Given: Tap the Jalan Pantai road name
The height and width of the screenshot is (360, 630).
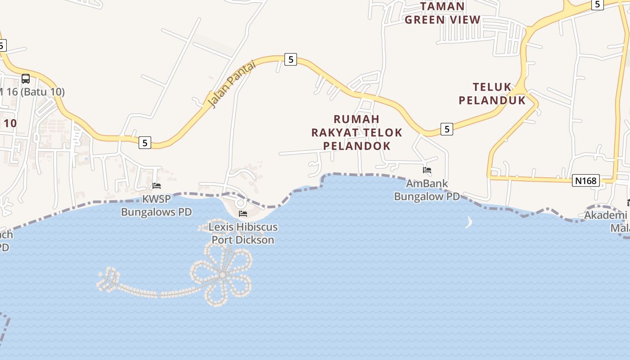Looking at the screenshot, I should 232,84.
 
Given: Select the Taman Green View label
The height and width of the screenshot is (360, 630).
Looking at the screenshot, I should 443,13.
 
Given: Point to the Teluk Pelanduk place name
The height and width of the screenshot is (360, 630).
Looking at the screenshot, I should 492,94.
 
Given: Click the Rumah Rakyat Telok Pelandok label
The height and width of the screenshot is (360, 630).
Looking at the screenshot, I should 357,132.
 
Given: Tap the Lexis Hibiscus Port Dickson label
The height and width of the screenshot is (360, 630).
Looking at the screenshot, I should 243,233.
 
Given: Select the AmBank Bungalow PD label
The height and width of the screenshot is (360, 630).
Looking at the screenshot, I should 427,190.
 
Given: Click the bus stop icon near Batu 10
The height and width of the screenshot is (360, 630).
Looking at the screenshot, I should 26,79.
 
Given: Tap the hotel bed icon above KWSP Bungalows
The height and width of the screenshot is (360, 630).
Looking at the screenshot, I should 157,185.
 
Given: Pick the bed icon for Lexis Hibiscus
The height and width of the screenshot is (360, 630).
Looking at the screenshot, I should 243,213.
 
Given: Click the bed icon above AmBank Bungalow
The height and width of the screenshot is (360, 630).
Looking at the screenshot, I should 427,170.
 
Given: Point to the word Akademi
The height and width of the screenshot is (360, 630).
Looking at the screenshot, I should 605,216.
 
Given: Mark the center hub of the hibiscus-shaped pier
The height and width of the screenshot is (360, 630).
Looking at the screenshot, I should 223,274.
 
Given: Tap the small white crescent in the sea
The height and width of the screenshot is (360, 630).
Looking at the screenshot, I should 469,222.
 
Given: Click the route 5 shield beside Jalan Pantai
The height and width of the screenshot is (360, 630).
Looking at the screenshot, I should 291,59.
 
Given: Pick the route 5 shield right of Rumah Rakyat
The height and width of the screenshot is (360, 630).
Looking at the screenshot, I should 446,129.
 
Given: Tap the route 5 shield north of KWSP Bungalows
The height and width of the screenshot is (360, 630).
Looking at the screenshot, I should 144,143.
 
